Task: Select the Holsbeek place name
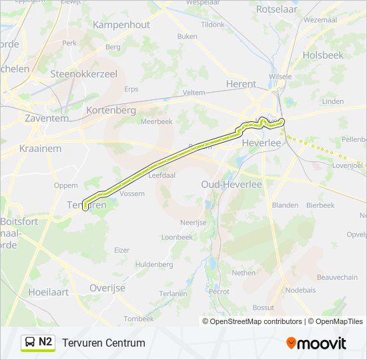click(x=323, y=55)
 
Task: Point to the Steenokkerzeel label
click(x=83, y=74)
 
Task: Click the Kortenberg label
click(x=111, y=110)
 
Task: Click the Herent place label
click(x=241, y=84)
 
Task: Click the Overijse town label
click(x=107, y=288)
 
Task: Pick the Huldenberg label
click(x=154, y=265)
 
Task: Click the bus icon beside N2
click(x=30, y=343)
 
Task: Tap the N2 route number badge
click(x=45, y=342)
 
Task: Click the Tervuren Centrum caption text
click(x=103, y=343)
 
